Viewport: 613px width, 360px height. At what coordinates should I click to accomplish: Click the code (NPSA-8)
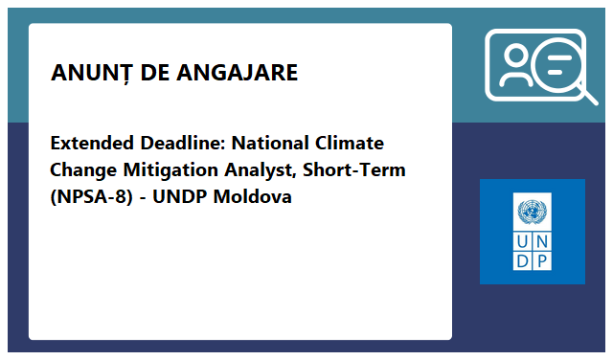coord(92,197)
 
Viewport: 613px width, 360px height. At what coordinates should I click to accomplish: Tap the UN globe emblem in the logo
coord(532,211)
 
